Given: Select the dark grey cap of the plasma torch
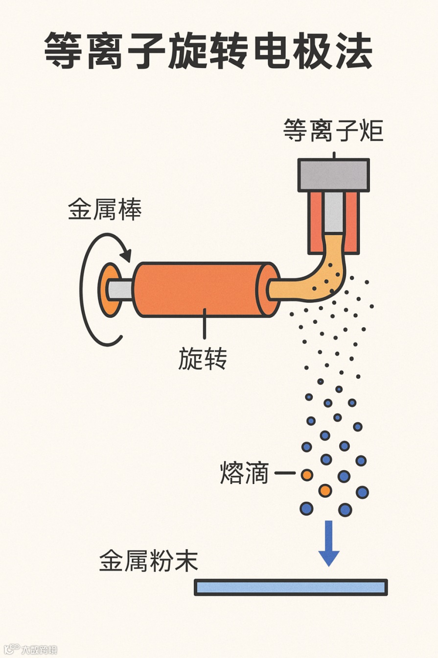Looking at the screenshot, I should click(x=334, y=175).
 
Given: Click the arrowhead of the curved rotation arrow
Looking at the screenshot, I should click(x=127, y=256).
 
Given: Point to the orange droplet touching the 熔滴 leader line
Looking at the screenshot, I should click(x=307, y=474).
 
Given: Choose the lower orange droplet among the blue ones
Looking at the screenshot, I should click(x=325, y=490).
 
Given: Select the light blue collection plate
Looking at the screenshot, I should click(x=291, y=587).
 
